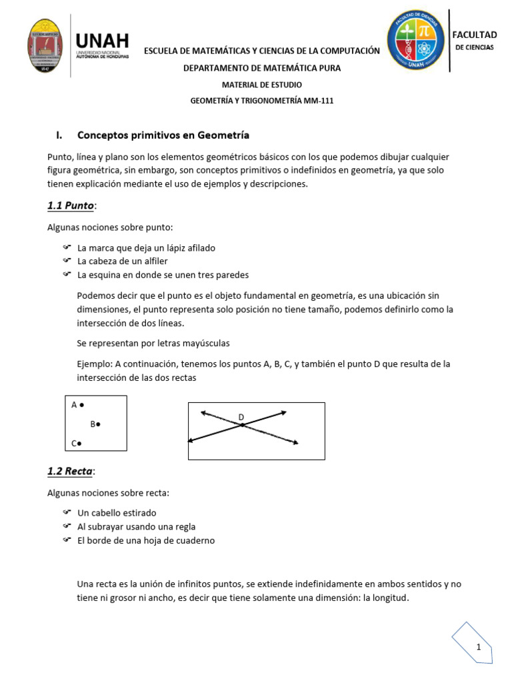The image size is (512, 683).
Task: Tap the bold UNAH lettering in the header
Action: (103, 41)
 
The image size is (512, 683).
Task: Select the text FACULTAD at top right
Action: (475, 35)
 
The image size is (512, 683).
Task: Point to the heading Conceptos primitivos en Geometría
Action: (163, 135)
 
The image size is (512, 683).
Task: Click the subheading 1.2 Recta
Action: (71, 472)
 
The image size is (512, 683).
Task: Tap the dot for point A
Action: (81, 404)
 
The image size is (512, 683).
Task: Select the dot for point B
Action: (99, 424)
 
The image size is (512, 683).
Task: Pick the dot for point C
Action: (80, 443)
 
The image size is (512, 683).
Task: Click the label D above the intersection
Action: (241, 417)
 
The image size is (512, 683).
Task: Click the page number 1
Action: (478, 648)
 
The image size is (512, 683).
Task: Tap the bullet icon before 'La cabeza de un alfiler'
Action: (67, 261)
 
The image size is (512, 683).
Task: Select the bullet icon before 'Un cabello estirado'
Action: (67, 512)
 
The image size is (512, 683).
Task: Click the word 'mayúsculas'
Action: (206, 343)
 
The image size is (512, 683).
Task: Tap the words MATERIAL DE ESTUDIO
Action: (261, 85)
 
